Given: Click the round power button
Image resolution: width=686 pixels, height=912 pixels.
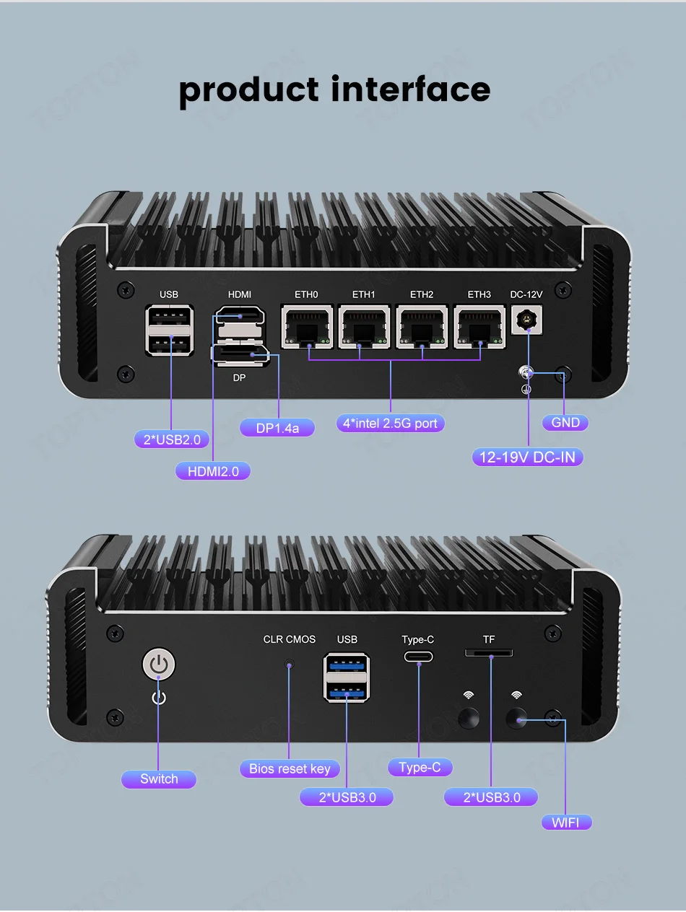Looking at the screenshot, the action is point(160,665).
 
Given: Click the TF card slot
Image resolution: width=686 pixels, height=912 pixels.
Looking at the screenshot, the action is point(489,653).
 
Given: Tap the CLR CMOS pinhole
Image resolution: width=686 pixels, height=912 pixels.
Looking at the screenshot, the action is point(290,663).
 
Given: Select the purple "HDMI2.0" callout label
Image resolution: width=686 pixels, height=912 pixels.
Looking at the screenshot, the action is point(213,471).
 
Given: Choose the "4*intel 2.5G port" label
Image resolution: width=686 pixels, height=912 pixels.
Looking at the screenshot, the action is point(390,423).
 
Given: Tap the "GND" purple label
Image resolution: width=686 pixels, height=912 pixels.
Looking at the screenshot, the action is point(565,423).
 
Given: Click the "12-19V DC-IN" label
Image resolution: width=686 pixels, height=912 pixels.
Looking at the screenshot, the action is point(528,457).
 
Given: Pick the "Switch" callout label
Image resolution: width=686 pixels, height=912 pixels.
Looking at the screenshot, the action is point(159,779).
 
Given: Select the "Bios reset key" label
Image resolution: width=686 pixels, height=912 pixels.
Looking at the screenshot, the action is point(290,768).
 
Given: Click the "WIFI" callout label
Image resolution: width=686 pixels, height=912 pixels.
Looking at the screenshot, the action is point(566,823).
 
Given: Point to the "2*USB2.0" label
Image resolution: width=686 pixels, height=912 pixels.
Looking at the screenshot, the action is point(172,439).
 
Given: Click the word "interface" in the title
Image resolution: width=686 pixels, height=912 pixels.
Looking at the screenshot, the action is point(410,89).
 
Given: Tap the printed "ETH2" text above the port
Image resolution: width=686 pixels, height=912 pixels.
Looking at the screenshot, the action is point(422,294).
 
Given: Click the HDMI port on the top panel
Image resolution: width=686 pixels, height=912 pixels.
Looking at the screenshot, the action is point(240,317).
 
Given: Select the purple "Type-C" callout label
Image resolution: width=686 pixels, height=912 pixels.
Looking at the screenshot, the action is point(420,767).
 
